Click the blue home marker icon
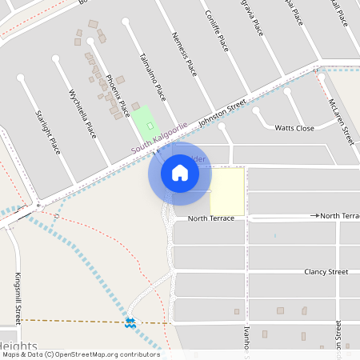point(180,173)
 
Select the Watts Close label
point(294,128)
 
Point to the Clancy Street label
point(326,272)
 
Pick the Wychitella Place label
point(82,111)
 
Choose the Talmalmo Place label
point(152,78)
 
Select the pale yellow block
point(227,191)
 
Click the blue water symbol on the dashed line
point(130,322)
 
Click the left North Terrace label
point(211,218)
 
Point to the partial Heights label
point(19,345)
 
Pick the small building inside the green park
point(150,125)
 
